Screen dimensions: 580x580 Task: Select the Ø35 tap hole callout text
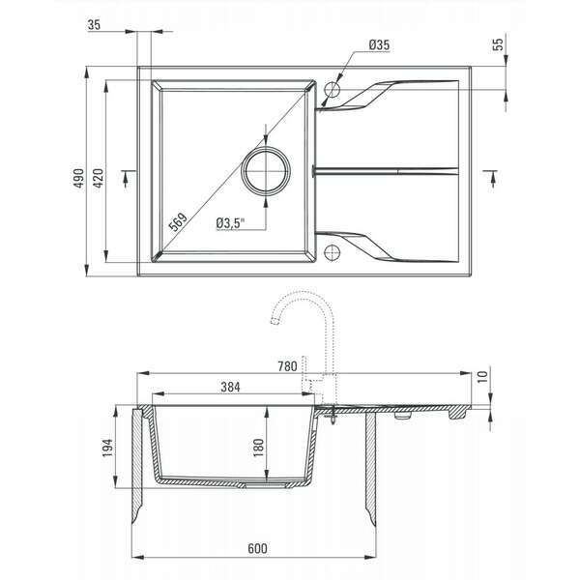[379, 45]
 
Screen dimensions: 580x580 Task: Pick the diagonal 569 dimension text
[177, 221]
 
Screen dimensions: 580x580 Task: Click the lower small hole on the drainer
[333, 256]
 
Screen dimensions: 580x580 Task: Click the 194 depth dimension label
[108, 448]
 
